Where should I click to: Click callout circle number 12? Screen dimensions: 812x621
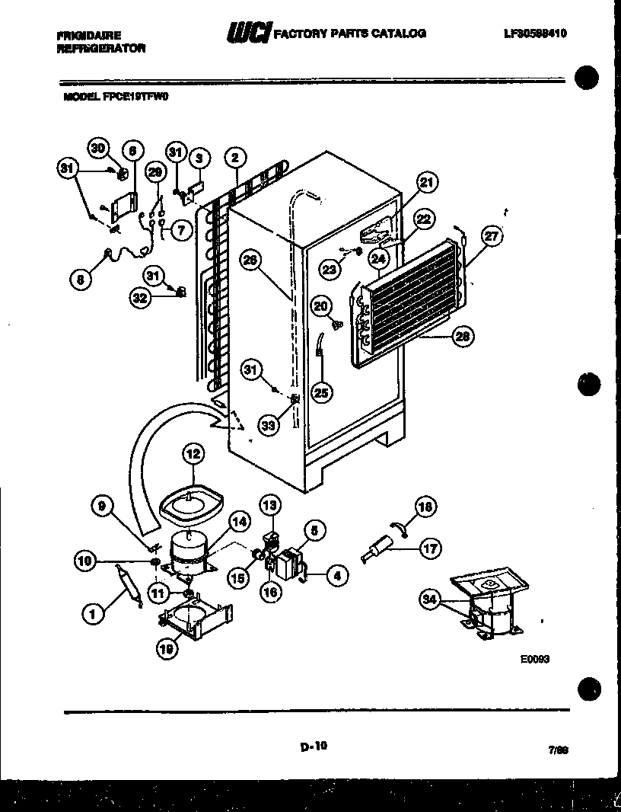(x=193, y=455)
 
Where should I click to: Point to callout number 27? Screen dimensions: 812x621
(x=492, y=236)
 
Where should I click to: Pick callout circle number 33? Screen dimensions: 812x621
(x=267, y=426)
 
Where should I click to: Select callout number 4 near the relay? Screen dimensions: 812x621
(x=333, y=577)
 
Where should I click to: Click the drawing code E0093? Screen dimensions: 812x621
(x=535, y=660)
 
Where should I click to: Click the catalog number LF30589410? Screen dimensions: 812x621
(x=535, y=34)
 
